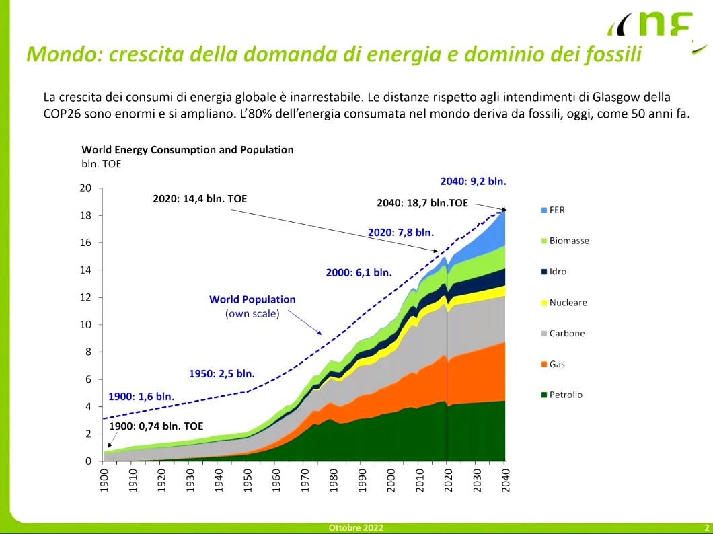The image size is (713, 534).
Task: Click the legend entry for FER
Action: pos(557,210)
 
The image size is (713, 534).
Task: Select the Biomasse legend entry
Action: pos(568,241)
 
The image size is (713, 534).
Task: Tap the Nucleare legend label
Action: pos(568,303)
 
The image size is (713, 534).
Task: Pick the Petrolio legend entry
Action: pos(566,395)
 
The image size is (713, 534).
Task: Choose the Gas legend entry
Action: pos(557,364)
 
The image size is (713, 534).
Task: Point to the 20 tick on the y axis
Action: pos(85,188)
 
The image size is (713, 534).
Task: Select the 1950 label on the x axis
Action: pos(247,479)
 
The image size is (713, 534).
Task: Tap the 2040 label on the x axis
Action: pos(505,479)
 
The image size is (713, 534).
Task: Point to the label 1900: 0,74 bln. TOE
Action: pos(156,426)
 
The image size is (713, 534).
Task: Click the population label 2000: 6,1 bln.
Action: pos(359,272)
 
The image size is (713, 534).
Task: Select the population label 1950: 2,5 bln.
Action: pos(221,374)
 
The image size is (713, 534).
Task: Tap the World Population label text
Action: pos(252,299)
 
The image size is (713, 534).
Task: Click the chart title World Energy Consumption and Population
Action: pos(187,149)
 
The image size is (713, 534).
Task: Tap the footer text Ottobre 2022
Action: pos(356,528)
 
